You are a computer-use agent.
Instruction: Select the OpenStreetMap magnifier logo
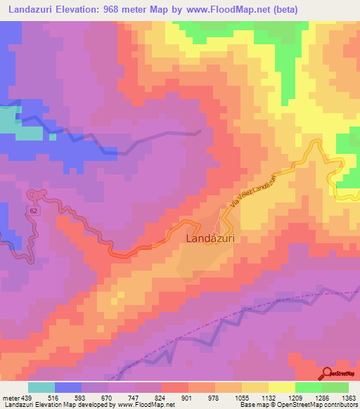click(327, 372)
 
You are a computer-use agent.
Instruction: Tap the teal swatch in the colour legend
click(41, 387)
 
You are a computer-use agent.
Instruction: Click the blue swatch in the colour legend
click(67, 387)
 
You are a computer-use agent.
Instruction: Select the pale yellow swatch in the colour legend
click(281, 387)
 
